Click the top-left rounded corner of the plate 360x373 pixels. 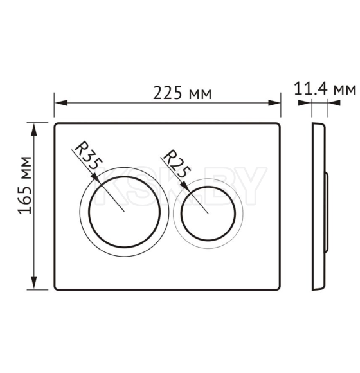(57, 125)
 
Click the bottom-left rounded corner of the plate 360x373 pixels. (57, 287)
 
